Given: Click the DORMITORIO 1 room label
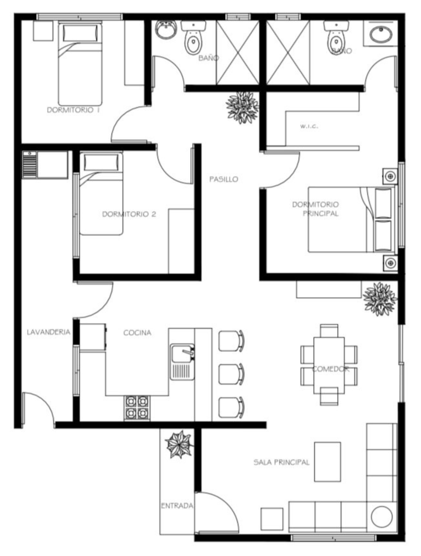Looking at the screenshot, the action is coord(73,110).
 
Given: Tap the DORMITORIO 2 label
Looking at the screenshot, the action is coord(129,214).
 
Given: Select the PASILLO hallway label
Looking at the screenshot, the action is coord(223,179).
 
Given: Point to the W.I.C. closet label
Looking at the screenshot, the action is coord(309,126).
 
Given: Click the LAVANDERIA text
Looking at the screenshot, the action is coord(48,332).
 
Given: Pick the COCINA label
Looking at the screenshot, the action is coord(137,333).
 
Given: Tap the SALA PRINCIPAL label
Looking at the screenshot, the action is coord(281,462).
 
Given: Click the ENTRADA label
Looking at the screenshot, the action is coord(177,506).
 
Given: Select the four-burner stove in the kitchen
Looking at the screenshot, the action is coord(137,408).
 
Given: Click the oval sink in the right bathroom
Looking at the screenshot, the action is coord(381,34).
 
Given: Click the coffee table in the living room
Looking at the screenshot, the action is coord(327,462).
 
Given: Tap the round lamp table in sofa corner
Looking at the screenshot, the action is coord(381,516).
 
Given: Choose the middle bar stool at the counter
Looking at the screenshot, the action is coord(231,374).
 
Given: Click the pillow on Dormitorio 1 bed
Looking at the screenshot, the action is coord(80,32).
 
